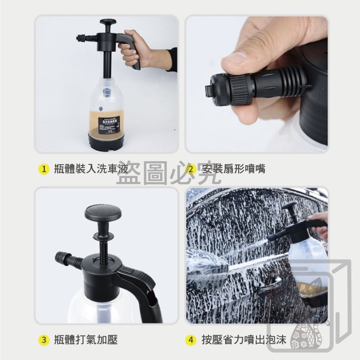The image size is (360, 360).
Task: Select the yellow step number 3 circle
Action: coord(44,339)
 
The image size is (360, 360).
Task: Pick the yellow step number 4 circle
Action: coord(191,339)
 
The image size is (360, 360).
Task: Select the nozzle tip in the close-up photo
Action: coord(208,90)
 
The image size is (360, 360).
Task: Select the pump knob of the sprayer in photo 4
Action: coord(290,206)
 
